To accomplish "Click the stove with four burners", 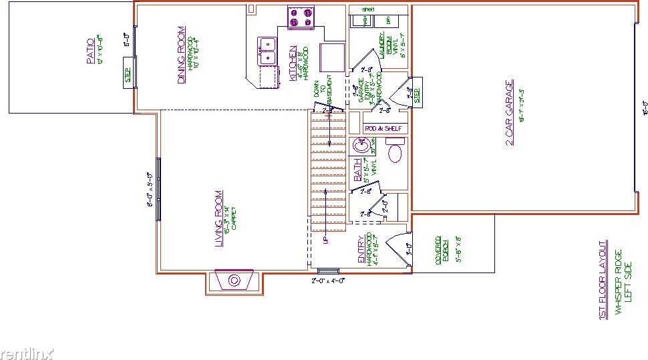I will click(x=301, y=17).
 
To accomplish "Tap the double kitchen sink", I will click(x=268, y=51).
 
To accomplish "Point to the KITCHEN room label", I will click(x=293, y=64).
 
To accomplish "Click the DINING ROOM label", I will click(x=181, y=55).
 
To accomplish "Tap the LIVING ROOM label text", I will click(x=218, y=220).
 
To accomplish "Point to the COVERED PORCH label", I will click(x=438, y=249).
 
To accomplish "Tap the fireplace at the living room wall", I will click(x=234, y=281).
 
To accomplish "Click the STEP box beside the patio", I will click(x=126, y=72).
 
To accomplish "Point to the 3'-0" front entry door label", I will click(x=409, y=250).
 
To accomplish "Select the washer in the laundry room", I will click(x=365, y=21).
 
